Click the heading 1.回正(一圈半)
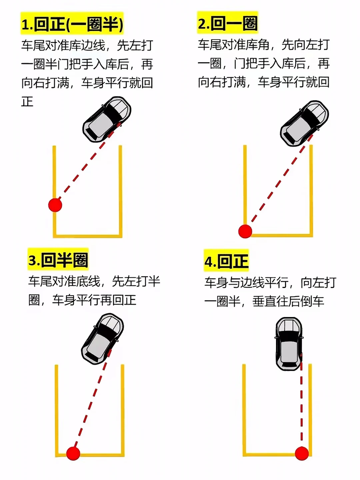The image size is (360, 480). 72,24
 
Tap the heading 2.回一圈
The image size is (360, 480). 227,23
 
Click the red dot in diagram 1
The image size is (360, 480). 55,205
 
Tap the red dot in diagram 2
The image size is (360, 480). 245,231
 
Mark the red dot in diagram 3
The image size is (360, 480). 73,453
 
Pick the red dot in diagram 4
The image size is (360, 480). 302,453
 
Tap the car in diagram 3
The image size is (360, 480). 102,338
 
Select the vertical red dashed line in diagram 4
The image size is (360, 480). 302,407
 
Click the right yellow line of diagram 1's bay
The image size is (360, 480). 120,190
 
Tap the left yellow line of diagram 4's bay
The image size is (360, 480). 244,410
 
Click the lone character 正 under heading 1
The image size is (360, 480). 27,101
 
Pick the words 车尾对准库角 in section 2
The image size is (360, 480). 233,45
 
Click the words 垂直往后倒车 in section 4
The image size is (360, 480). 288,301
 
